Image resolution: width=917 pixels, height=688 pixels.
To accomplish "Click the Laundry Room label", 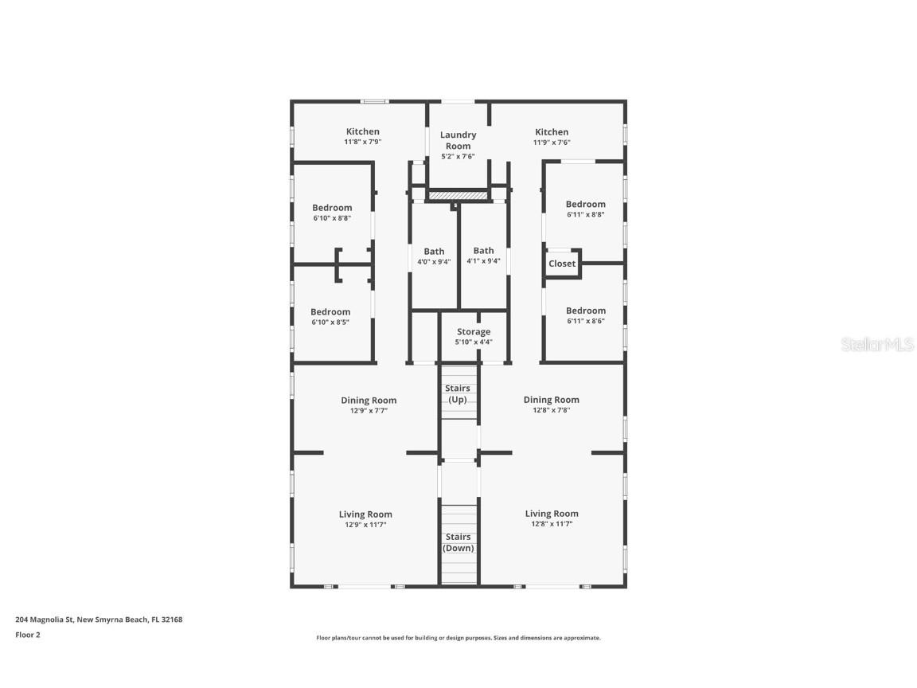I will click(458, 140).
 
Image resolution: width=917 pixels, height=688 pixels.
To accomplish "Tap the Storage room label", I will click(473, 332).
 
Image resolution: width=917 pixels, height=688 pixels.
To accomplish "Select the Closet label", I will click(561, 264).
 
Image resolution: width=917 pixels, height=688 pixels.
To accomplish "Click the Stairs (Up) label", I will click(458, 394).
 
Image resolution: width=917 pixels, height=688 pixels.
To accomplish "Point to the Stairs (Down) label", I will click(458, 542).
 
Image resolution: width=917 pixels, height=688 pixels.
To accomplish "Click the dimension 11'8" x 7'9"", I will click(362, 143).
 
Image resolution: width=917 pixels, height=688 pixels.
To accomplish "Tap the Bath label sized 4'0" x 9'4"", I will click(434, 252).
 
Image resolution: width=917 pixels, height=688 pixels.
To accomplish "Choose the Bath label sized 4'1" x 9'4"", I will click(483, 251).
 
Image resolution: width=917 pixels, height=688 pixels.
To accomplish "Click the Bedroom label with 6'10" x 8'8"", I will click(332, 208).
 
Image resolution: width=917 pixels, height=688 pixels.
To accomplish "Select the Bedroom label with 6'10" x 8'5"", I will click(330, 312).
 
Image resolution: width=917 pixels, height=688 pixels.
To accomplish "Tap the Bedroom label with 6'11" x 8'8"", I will click(585, 205).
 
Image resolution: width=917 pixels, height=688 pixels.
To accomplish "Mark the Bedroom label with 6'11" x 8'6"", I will click(585, 311).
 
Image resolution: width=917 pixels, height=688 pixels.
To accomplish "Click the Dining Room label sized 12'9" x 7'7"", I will click(369, 401).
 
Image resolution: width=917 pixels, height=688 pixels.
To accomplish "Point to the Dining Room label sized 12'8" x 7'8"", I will click(551, 400).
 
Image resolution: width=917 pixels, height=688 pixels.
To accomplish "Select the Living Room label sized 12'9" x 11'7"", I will click(365, 514).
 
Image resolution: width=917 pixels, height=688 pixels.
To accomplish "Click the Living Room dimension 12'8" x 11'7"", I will click(552, 525).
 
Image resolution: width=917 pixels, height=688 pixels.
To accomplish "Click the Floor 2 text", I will click(27, 635).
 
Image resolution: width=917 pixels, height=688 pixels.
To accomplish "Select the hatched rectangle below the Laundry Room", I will click(458, 195).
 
